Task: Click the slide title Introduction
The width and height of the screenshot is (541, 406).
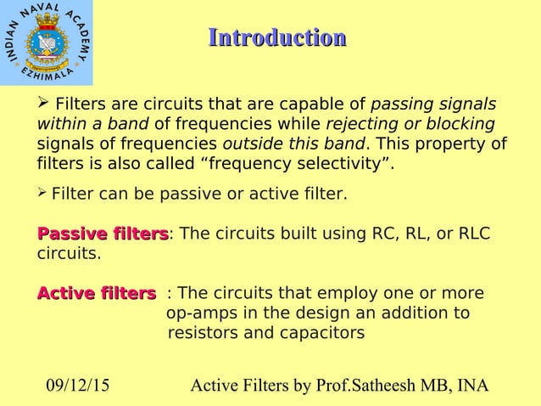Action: pos(276,38)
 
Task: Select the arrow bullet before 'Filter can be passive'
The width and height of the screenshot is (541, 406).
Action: pos(43,194)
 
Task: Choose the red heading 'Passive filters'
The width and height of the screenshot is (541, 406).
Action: pos(103,234)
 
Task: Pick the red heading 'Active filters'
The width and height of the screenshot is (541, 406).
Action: pos(97,294)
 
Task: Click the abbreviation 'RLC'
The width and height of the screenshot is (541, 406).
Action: pos(474,234)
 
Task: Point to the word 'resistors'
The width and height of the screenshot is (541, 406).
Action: pos(204,332)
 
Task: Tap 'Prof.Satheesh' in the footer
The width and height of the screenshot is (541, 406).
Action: pos(377,387)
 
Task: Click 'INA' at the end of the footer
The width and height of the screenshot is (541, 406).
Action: pos(471,387)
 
